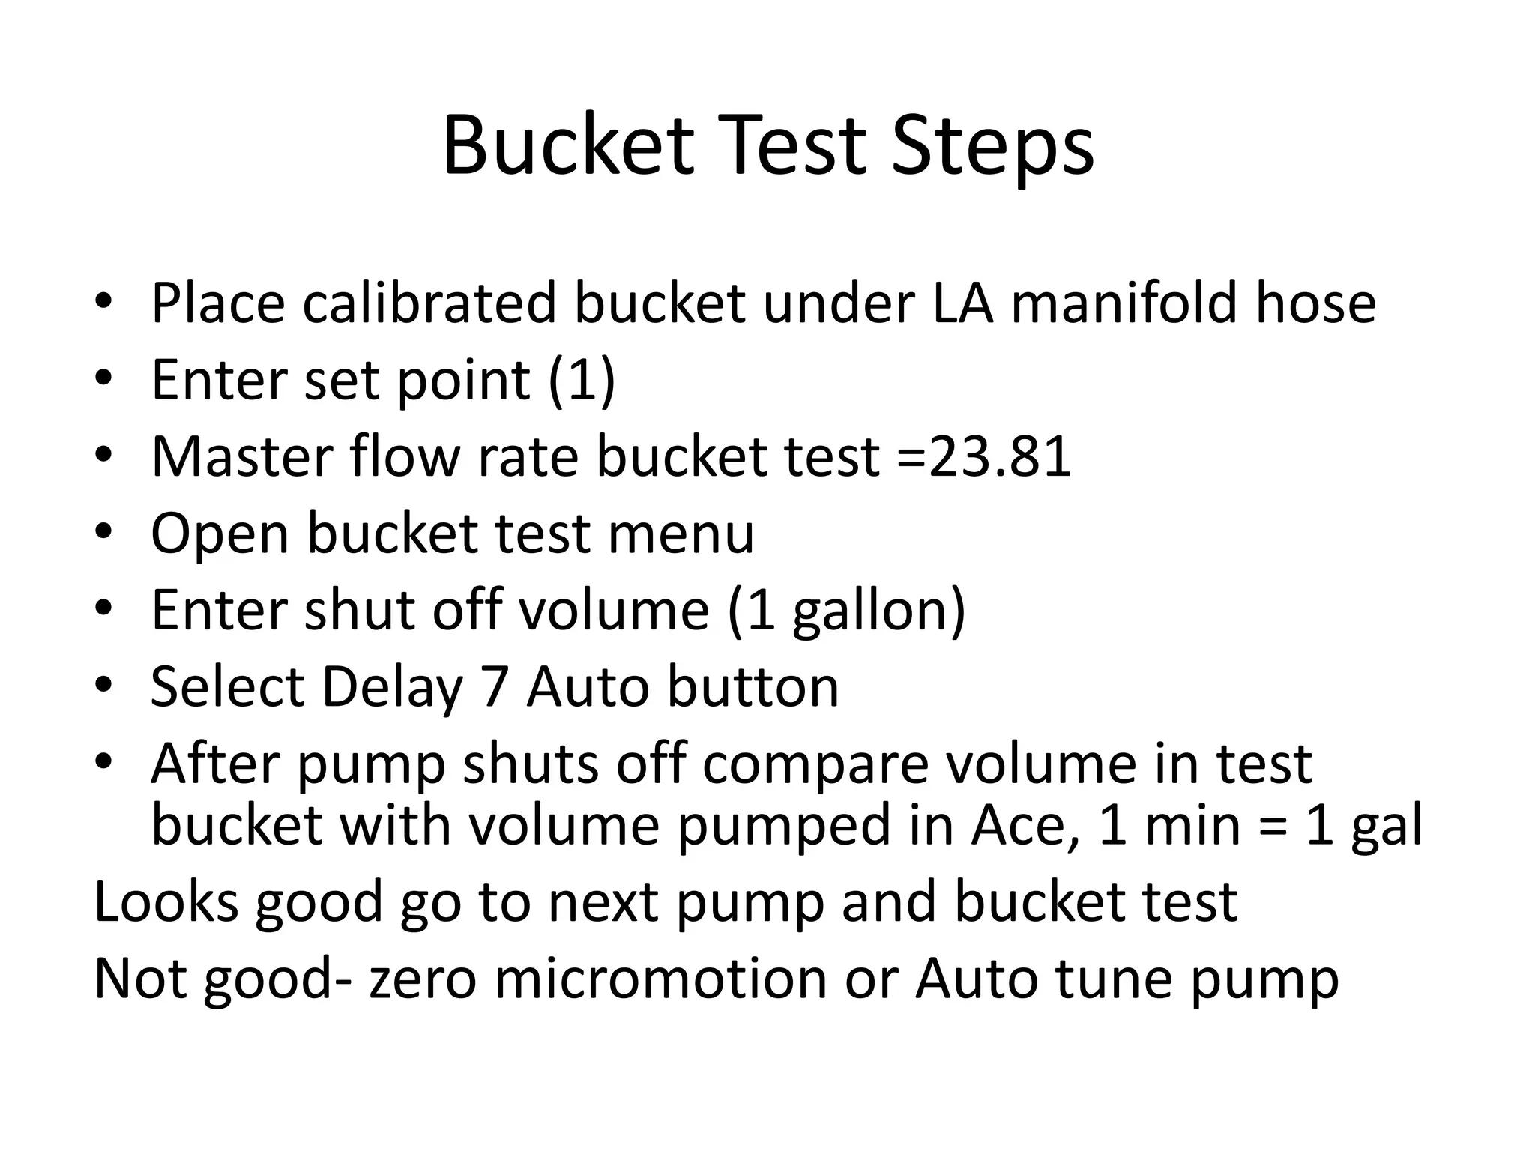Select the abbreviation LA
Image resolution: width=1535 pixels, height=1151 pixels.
click(x=963, y=303)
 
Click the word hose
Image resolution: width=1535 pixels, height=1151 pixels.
click(x=1316, y=303)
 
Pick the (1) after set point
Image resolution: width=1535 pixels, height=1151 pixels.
click(x=582, y=381)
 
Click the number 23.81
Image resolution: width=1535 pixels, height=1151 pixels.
click(x=1000, y=457)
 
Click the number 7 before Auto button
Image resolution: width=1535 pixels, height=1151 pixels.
click(x=495, y=688)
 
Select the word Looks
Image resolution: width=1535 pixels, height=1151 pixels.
click(x=166, y=902)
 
